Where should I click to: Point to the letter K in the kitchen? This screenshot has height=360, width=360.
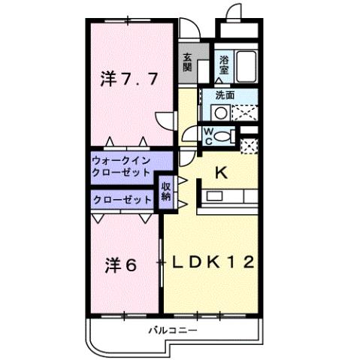pyautogui.click(x=221, y=173)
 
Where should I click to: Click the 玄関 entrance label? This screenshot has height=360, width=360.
pyautogui.click(x=187, y=64)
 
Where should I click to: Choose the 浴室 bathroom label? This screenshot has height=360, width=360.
pyautogui.click(x=224, y=64)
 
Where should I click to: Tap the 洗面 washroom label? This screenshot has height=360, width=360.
pyautogui.click(x=225, y=95)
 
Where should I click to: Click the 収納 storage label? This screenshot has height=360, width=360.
pyautogui.click(x=165, y=192)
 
